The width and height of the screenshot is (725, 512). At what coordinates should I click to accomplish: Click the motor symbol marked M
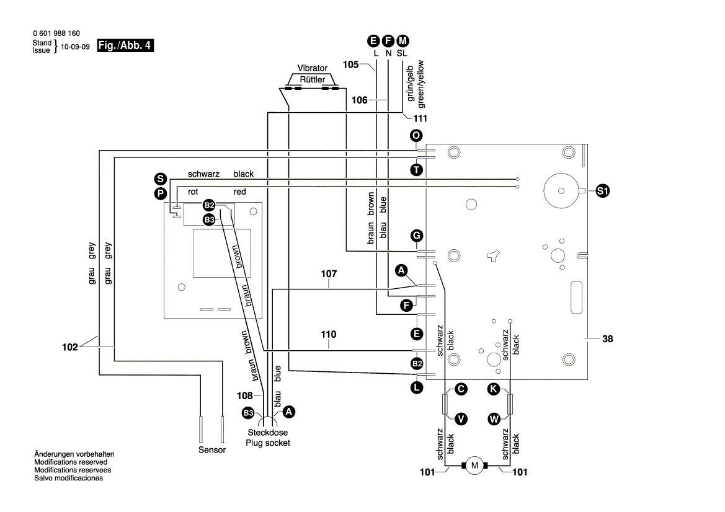[475, 465]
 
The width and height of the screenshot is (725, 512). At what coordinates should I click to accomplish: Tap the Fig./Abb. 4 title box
[125, 45]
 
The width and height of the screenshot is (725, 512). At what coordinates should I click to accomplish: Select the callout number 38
[607, 339]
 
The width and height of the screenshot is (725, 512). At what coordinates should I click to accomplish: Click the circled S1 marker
[602, 192]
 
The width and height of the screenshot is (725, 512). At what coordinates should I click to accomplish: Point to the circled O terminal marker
[417, 136]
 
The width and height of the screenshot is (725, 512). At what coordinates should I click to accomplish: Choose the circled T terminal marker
[417, 169]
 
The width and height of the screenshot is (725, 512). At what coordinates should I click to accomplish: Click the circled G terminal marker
[417, 236]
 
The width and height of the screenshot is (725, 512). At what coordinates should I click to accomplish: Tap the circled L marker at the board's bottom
[417, 387]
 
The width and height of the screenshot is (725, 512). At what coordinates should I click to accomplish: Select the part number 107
[329, 273]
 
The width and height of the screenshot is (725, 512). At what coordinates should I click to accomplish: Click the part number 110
[329, 335]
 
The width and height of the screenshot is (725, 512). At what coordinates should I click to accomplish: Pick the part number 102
[70, 347]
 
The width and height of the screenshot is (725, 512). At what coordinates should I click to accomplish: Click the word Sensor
[212, 450]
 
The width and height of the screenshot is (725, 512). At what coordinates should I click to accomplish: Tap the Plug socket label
[267, 443]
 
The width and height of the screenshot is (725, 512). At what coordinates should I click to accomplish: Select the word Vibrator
[313, 68]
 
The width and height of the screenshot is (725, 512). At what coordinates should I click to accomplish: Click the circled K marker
[493, 389]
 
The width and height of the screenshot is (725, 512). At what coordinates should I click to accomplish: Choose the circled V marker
[461, 419]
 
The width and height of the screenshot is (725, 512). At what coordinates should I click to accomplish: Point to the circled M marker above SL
[403, 42]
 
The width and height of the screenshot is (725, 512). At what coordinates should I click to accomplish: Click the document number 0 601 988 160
[56, 33]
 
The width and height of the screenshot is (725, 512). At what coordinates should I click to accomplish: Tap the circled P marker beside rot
[161, 193]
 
